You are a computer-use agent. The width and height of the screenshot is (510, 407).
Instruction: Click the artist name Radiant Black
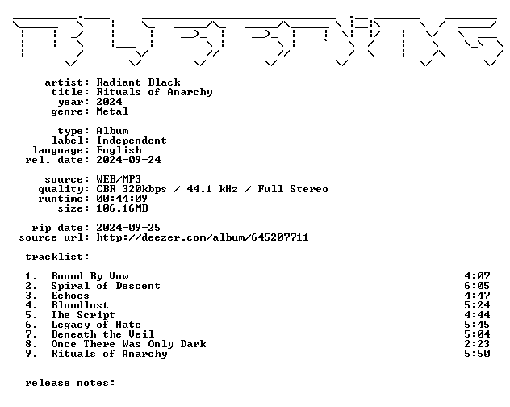[x=138, y=82]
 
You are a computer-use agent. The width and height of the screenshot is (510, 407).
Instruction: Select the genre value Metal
[x=112, y=111]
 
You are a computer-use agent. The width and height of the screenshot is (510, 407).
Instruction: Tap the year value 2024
[x=109, y=102]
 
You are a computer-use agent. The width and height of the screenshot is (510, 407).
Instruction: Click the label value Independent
[x=132, y=141]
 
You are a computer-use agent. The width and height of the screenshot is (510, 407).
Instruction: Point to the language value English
[x=119, y=150]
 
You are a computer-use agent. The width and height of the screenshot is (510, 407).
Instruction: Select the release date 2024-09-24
[x=128, y=160]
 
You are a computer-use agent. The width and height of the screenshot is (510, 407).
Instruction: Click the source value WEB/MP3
[x=119, y=179]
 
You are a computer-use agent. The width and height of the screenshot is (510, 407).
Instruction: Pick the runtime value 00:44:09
[x=122, y=199]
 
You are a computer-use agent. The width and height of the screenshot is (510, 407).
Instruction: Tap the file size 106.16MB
[x=122, y=208]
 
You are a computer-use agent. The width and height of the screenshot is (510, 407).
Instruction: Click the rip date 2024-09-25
[x=128, y=228]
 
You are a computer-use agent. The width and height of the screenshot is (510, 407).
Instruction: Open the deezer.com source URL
[x=203, y=237]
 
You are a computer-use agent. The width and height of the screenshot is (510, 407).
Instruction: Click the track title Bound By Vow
[x=90, y=276]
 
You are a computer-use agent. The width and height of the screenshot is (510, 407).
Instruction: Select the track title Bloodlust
[x=80, y=305]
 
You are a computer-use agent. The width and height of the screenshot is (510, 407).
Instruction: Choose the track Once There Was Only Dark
[x=129, y=344]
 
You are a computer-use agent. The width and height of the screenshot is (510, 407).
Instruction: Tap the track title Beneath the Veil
[x=102, y=334]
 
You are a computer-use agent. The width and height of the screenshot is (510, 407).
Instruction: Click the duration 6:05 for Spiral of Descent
[x=477, y=286]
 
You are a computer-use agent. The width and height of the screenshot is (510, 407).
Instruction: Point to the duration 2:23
[x=477, y=344]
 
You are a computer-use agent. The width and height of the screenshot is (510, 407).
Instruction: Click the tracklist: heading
[x=57, y=257]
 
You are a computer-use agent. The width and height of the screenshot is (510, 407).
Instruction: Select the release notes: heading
[x=70, y=383]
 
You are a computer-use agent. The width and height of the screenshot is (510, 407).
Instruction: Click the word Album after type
[x=112, y=131]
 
